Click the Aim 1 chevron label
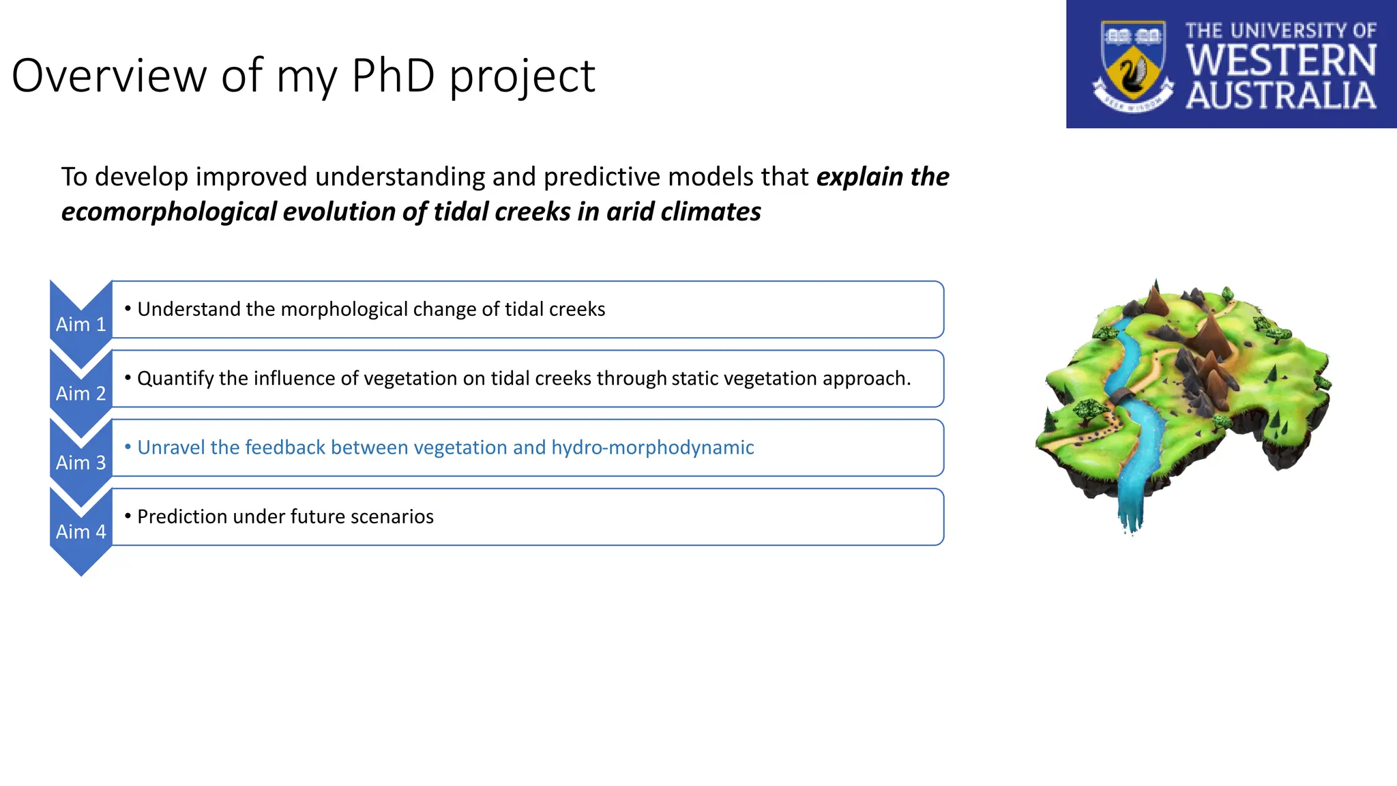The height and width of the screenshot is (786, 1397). tap(80, 324)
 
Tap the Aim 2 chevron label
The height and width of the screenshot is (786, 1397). tap(80, 394)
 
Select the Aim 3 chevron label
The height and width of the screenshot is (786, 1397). tap(80, 463)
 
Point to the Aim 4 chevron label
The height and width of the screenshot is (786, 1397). tap(80, 532)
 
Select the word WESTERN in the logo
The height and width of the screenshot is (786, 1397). tap(1281, 60)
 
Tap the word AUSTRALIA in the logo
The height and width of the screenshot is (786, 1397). tap(1281, 96)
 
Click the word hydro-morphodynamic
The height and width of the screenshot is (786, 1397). tap(652, 448)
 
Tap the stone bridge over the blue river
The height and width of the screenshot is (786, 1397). tap(1121, 396)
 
